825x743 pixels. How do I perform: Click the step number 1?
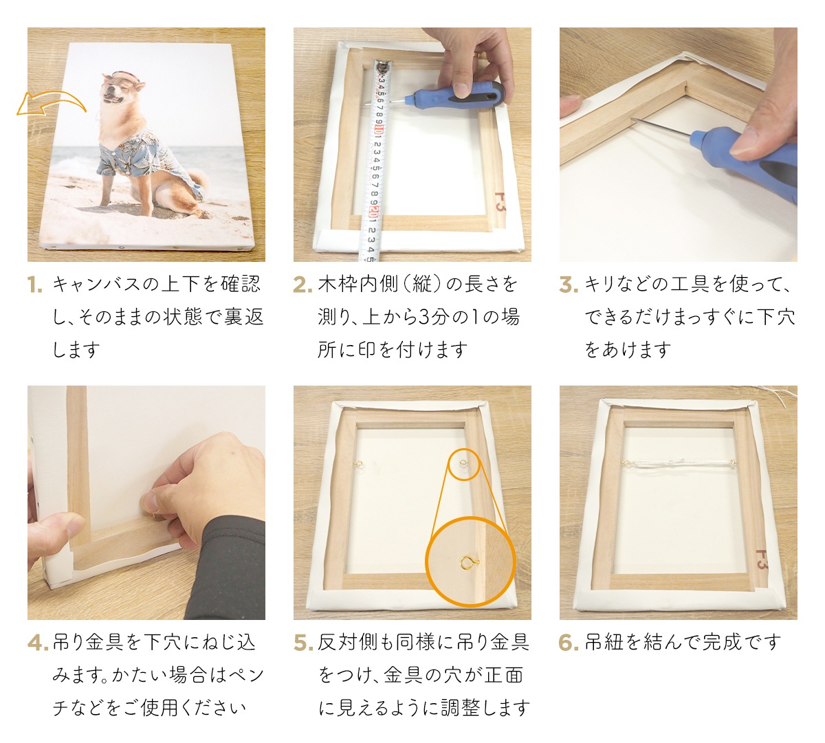35,285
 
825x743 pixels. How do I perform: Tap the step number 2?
302,285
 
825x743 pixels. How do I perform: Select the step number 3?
568,285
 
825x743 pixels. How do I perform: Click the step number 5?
302,643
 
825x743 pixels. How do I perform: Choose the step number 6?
569,643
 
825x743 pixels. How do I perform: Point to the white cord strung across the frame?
677,465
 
